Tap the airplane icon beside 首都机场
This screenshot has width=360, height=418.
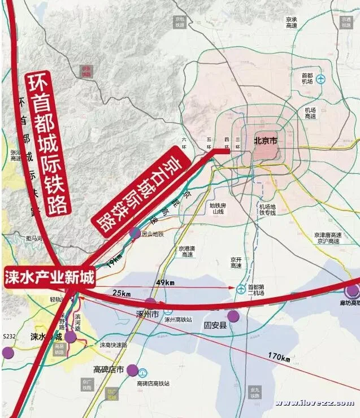[x=321, y=79]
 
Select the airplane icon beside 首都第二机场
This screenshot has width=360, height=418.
[x=241, y=288]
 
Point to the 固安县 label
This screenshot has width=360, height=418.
[x=215, y=325]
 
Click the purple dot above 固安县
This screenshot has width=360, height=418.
[x=233, y=316]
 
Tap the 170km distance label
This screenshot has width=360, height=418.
[x=279, y=357]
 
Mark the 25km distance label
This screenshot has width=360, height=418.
[x=121, y=294]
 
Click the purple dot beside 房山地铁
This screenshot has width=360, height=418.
[x=135, y=233]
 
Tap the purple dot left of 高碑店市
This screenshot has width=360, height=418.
[x=132, y=370]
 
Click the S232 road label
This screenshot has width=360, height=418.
[x=9, y=336]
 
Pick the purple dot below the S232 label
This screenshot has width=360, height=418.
[x=7, y=352]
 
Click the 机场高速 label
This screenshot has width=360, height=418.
[x=310, y=113]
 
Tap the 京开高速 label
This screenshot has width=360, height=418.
[x=236, y=263]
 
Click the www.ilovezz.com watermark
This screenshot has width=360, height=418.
[x=314, y=403]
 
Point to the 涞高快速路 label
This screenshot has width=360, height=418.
[x=114, y=345]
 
